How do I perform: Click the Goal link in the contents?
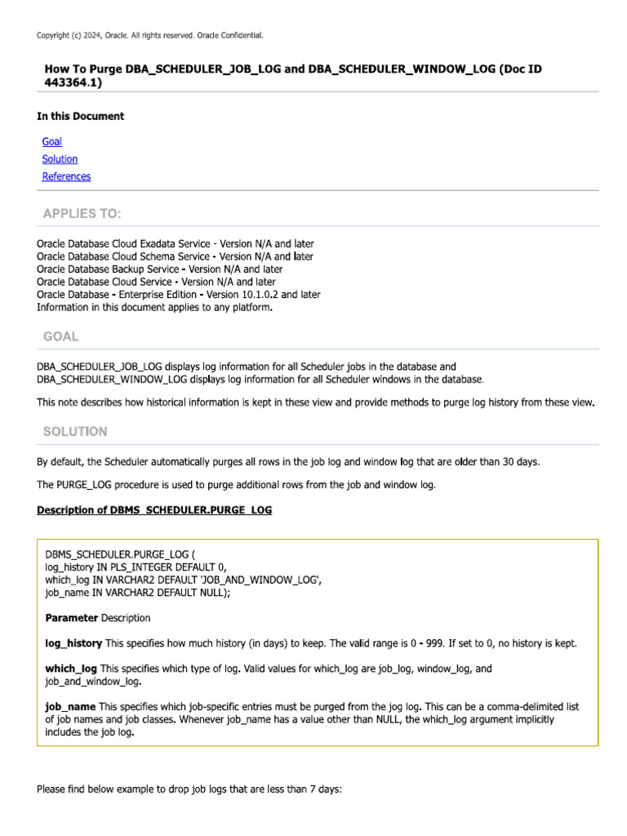click(51, 142)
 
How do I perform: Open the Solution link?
click(60, 159)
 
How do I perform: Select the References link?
click(66, 176)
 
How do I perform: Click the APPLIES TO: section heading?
click(82, 214)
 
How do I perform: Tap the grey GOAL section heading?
click(60, 336)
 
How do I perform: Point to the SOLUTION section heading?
click(75, 431)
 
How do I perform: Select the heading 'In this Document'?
click(80, 116)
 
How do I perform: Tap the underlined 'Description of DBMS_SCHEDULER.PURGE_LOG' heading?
click(154, 510)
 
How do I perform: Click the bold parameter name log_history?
click(73, 643)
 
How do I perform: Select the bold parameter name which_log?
click(71, 669)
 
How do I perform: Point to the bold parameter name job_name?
click(70, 706)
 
